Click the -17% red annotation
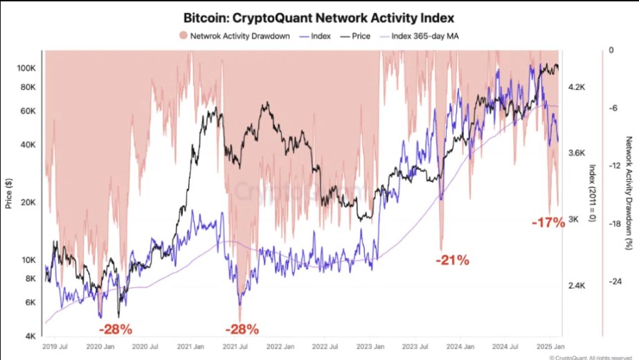pyautogui.click(x=548, y=224)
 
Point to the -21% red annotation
pyautogui.click(x=453, y=261)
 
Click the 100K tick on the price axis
pyautogui.click(x=26, y=68)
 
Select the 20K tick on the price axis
pyautogui.click(x=28, y=202)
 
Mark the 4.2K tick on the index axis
pyautogui.click(x=577, y=88)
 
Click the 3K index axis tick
pyautogui.click(x=574, y=219)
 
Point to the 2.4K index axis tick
pyautogui.click(x=577, y=285)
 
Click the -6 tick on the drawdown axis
pyautogui.click(x=611, y=108)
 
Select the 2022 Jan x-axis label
pyautogui.click(x=280, y=345)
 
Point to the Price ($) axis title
pyautogui.click(x=9, y=194)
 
